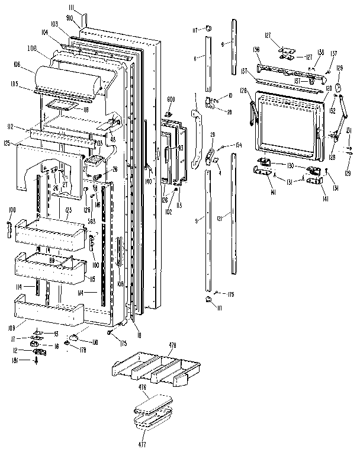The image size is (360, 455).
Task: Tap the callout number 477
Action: pos(142,443)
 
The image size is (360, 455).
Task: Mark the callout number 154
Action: pos(239,145)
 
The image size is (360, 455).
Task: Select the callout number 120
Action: pos(327,88)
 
